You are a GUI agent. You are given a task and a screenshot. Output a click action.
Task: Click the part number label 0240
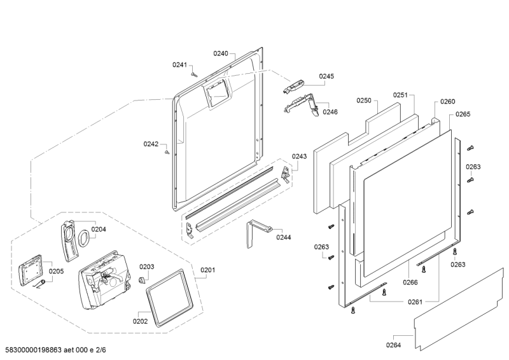click(x=220, y=54)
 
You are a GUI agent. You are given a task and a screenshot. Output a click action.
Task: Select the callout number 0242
click(x=150, y=144)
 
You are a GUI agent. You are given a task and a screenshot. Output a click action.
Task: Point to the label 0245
click(x=326, y=76)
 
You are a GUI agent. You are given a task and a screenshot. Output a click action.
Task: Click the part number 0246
click(x=330, y=112)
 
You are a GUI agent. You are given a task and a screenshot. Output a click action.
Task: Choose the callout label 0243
click(x=299, y=156)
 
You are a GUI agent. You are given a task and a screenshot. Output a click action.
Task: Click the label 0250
click(x=363, y=100)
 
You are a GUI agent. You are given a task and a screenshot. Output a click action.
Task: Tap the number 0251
click(x=400, y=95)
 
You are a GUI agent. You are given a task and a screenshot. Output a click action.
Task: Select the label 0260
click(x=448, y=102)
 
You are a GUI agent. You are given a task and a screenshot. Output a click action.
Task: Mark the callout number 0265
click(x=463, y=114)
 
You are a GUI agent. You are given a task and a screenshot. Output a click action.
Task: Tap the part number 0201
click(x=208, y=270)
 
